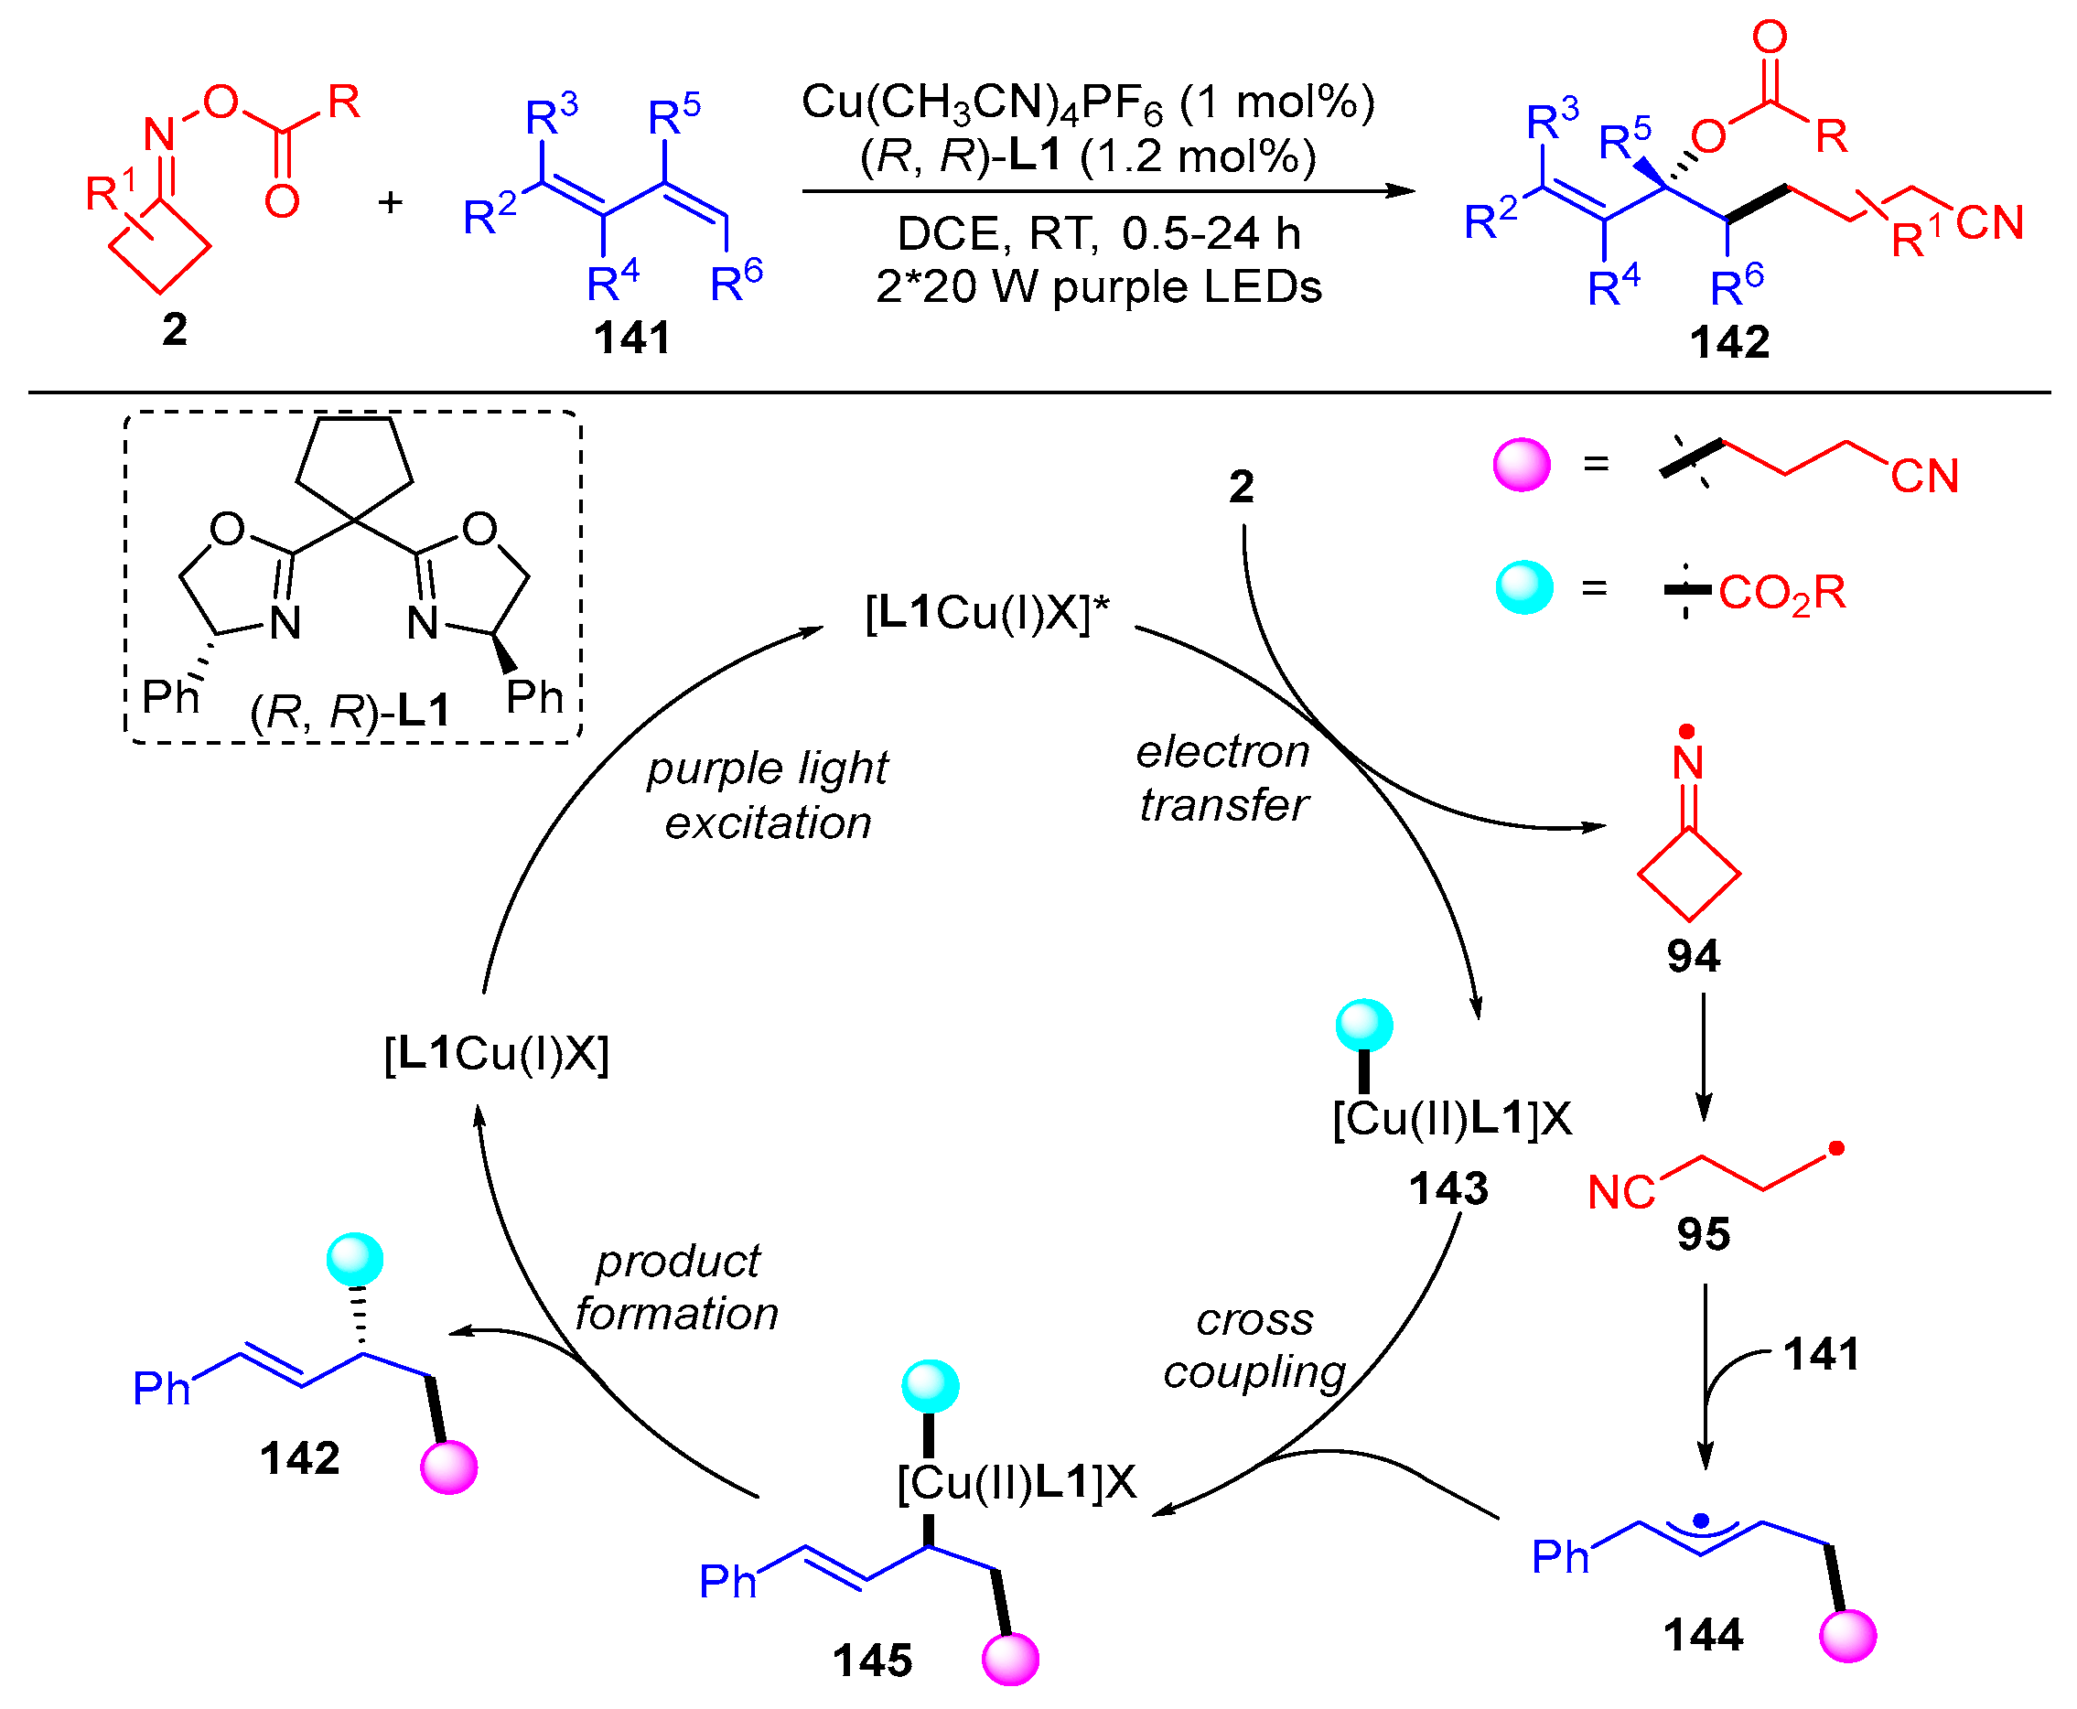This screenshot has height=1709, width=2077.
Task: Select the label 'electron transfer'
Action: click(1222, 779)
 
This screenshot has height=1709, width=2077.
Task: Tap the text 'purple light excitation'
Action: click(767, 795)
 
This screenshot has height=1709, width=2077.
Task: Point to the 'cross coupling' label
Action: click(1254, 1346)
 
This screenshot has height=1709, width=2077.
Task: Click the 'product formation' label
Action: click(677, 1287)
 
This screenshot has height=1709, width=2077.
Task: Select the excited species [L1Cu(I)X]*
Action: click(986, 613)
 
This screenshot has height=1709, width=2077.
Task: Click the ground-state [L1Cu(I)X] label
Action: click(496, 1054)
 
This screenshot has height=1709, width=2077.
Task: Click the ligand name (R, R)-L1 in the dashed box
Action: click(350, 711)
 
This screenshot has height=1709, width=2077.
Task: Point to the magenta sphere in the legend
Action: click(1521, 465)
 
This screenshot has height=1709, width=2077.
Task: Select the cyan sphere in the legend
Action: click(1523, 587)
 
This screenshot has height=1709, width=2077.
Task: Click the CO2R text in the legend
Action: click(1781, 594)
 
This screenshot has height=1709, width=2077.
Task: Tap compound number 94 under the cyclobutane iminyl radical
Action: click(1692, 956)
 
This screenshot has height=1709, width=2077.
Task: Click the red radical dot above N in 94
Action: click(1686, 731)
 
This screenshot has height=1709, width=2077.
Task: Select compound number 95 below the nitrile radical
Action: click(1703, 1234)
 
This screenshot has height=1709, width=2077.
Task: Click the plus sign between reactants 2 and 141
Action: click(391, 203)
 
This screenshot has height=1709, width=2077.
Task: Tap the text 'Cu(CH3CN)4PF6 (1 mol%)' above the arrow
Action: click(1088, 102)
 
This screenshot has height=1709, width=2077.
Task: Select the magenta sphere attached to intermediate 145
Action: click(1010, 1658)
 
